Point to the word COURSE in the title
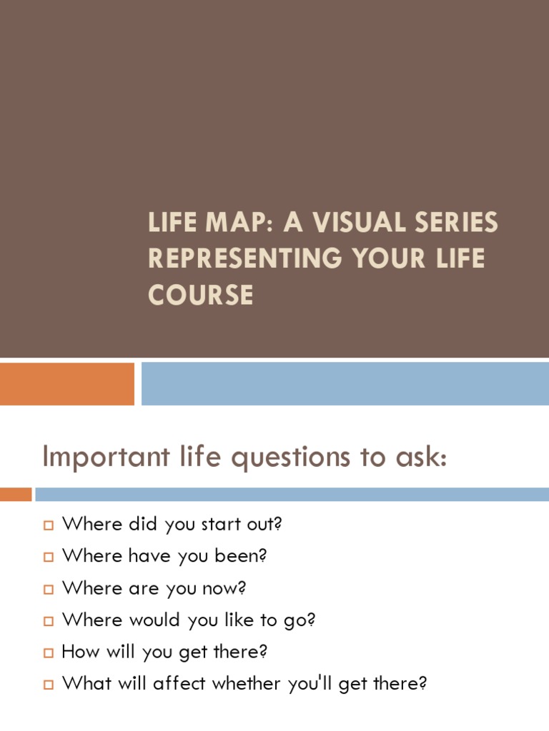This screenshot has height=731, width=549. [x=201, y=294]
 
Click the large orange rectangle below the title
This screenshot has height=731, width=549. [x=66, y=383]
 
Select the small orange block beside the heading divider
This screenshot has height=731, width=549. [x=16, y=494]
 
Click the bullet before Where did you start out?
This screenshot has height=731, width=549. [x=49, y=526]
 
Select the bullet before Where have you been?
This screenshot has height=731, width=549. [x=49, y=558]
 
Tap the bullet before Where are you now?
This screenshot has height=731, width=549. [x=49, y=590]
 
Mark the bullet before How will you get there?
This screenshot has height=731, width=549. [x=49, y=652]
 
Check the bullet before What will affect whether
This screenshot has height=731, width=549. [x=49, y=685]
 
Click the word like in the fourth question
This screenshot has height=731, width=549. [x=245, y=620]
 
